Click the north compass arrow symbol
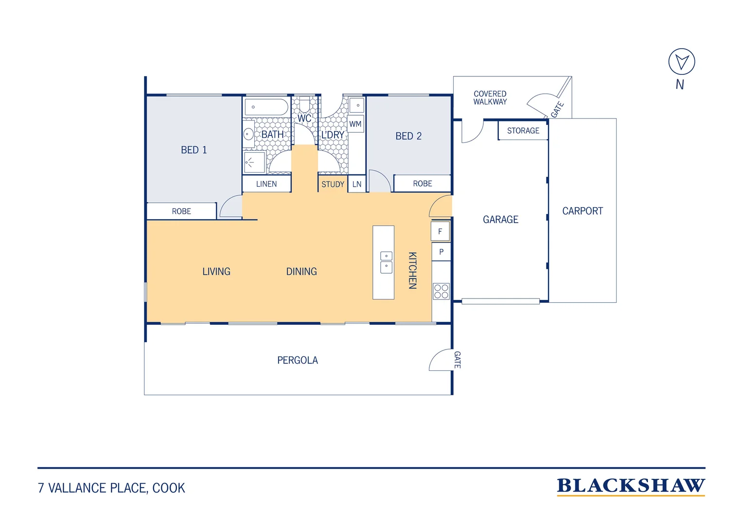pos(681,62)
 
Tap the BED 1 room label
pos(194,150)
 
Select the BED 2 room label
pos(408,136)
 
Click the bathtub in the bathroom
pos(266,107)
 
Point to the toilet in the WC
pos(304,104)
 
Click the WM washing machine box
pos(355,124)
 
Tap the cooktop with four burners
pos(441,292)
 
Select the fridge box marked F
pos(440,231)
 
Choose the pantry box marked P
pos(441,252)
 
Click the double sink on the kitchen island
pos(386,262)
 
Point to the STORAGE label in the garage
pos(523,131)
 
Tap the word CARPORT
pos(583,211)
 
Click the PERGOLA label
pos(298,360)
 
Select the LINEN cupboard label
pos(266,184)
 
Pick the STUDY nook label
pos(333,184)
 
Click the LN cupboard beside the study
pos(357,184)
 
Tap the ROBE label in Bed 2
pos(423,184)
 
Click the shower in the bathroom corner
pos(254,162)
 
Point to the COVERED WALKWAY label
pos(490,98)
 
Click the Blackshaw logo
pos(631,487)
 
